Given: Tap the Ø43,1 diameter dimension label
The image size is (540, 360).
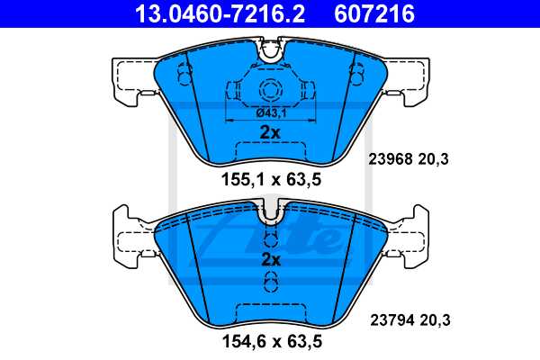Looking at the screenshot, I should (x=270, y=112).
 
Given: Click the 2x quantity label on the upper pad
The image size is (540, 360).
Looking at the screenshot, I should (x=270, y=132).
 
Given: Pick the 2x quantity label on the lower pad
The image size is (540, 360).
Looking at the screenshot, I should (x=270, y=259).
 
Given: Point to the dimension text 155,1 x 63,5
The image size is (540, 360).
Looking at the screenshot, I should (x=271, y=179).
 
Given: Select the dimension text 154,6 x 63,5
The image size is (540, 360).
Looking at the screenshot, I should (x=271, y=342).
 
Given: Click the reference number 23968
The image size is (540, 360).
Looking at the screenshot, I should (x=389, y=160).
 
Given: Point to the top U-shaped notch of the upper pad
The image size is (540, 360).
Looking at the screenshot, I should (x=270, y=52).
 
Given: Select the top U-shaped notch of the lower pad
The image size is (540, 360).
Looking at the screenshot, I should (x=270, y=213).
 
